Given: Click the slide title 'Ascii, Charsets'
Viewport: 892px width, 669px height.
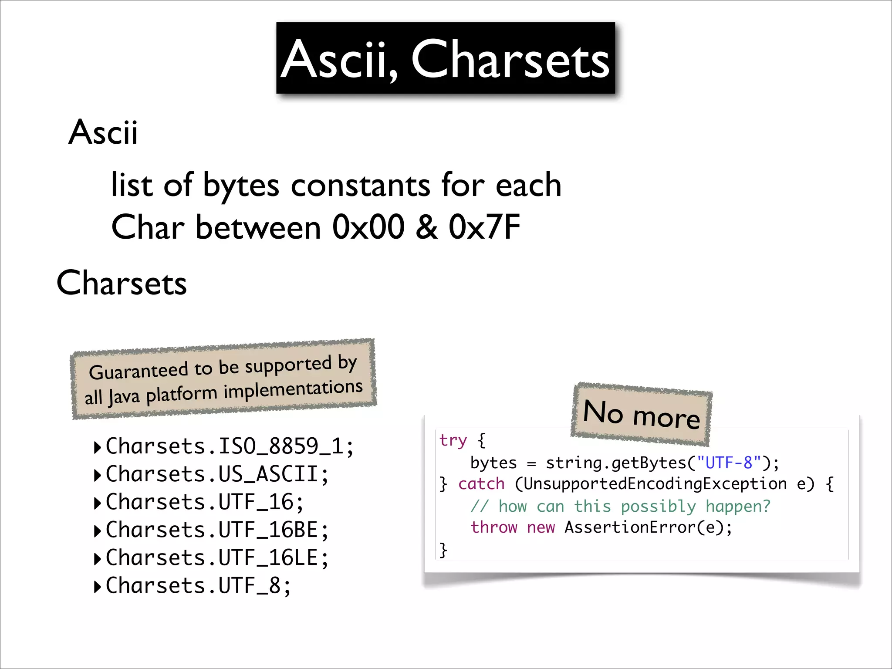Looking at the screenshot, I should tap(445, 59).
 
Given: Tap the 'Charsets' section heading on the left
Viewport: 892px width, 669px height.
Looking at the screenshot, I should tap(122, 283).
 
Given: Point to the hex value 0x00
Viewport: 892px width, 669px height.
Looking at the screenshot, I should tap(368, 227).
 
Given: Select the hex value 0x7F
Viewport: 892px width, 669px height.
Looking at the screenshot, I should tap(484, 227).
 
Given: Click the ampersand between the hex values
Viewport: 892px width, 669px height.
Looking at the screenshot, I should tap(426, 227).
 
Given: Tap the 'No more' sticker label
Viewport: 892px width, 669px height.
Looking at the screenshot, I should tap(641, 414).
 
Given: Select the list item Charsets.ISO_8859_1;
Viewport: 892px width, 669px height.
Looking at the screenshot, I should tap(230, 446).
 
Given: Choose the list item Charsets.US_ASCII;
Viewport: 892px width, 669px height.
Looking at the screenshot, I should tap(217, 474).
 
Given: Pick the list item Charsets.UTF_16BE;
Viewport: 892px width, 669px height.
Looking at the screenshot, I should tap(217, 530).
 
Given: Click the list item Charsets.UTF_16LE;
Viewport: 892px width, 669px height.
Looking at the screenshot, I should tap(217, 558).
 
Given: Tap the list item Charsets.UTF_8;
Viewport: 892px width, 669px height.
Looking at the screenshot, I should tap(198, 586).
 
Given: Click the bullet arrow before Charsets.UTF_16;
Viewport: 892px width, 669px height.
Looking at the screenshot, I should tap(98, 503).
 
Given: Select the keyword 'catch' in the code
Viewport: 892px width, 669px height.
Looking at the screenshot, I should tap(481, 484).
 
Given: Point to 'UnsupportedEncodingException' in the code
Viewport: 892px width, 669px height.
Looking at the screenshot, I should tap(655, 484).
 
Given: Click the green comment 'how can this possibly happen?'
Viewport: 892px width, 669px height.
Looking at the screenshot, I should tap(634, 507).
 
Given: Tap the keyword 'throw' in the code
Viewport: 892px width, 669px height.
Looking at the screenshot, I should tap(493, 527).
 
